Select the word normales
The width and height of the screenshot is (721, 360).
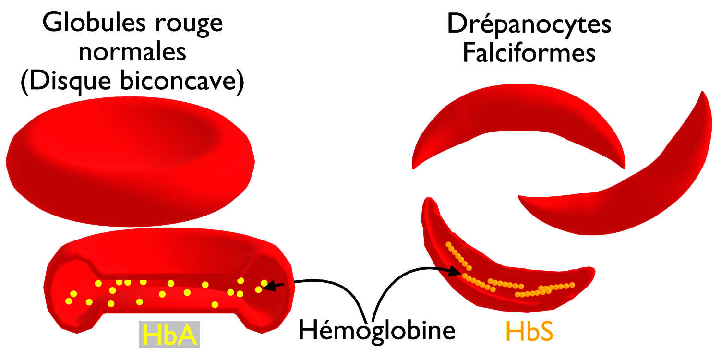pos(132,52)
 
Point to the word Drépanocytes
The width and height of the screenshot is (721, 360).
pos(529,24)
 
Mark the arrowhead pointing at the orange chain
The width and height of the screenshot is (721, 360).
pos(456,272)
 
